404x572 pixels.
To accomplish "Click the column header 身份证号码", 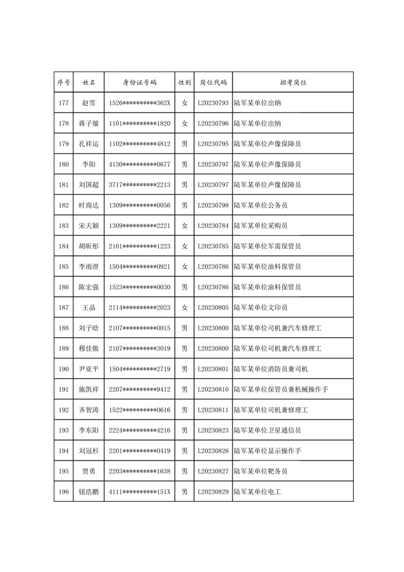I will pos(139,82).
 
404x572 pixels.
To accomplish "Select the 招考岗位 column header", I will pos(293,82).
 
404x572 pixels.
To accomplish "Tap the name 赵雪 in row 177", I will pos(89,103).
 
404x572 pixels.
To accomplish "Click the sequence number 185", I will pos(63,266).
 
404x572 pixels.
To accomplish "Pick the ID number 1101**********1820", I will pos(139,123).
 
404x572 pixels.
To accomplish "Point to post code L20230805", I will pos(213,307).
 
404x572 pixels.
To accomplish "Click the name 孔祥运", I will pos(89,144).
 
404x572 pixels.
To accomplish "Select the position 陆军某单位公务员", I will pos(260,205).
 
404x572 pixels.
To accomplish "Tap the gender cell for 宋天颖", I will pos(184,226).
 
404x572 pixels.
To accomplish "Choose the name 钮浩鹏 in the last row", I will pos(89,492).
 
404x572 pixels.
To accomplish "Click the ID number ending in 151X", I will pos(139,492).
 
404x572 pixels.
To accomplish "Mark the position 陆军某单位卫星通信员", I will pos(267,430).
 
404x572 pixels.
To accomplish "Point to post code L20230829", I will pos(213,492).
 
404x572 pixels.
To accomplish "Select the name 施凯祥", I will pos(89,390).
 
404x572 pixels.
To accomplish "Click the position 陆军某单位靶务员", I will pos(260,471).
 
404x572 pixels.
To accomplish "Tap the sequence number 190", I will pos(63,369).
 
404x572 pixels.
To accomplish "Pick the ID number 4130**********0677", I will pos(139,164).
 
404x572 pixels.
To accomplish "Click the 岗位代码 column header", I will pos(213,82).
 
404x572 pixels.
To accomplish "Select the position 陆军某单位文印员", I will pos(260,307).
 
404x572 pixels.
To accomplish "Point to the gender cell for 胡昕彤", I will pos(184,246).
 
